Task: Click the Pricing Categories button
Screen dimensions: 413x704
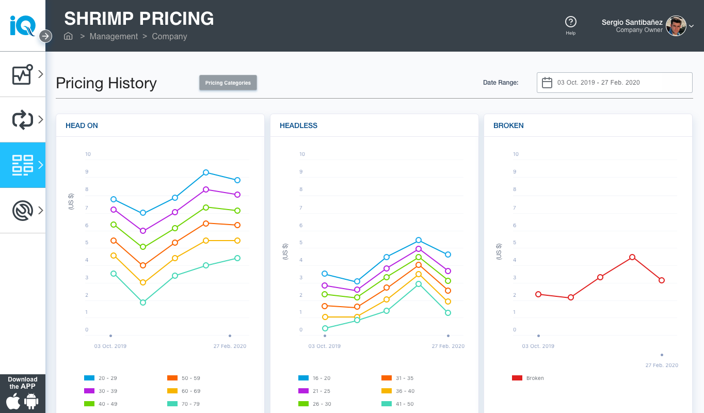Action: point(228,83)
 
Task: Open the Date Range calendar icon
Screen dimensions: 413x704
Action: point(547,83)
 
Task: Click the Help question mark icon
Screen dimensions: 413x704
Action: point(570,22)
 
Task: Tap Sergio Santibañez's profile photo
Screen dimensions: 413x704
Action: point(676,26)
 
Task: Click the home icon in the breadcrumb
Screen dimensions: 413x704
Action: point(68,36)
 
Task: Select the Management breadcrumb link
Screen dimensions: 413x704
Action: point(114,36)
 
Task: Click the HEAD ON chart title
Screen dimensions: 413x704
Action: point(82,125)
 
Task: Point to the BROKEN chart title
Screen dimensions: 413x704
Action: point(508,125)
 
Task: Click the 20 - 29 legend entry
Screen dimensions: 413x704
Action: point(100,378)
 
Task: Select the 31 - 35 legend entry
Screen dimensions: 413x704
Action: point(398,378)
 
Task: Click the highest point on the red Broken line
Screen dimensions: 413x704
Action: point(632,257)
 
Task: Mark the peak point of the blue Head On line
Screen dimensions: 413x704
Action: point(205,172)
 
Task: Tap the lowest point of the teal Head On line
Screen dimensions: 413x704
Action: point(143,303)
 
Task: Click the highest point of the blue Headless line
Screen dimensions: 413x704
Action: point(419,240)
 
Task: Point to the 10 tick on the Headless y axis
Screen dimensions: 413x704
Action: point(302,154)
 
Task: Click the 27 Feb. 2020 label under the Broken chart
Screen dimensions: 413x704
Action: point(662,365)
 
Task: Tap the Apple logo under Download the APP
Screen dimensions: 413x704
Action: point(13,401)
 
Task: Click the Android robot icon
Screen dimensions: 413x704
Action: point(31,401)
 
